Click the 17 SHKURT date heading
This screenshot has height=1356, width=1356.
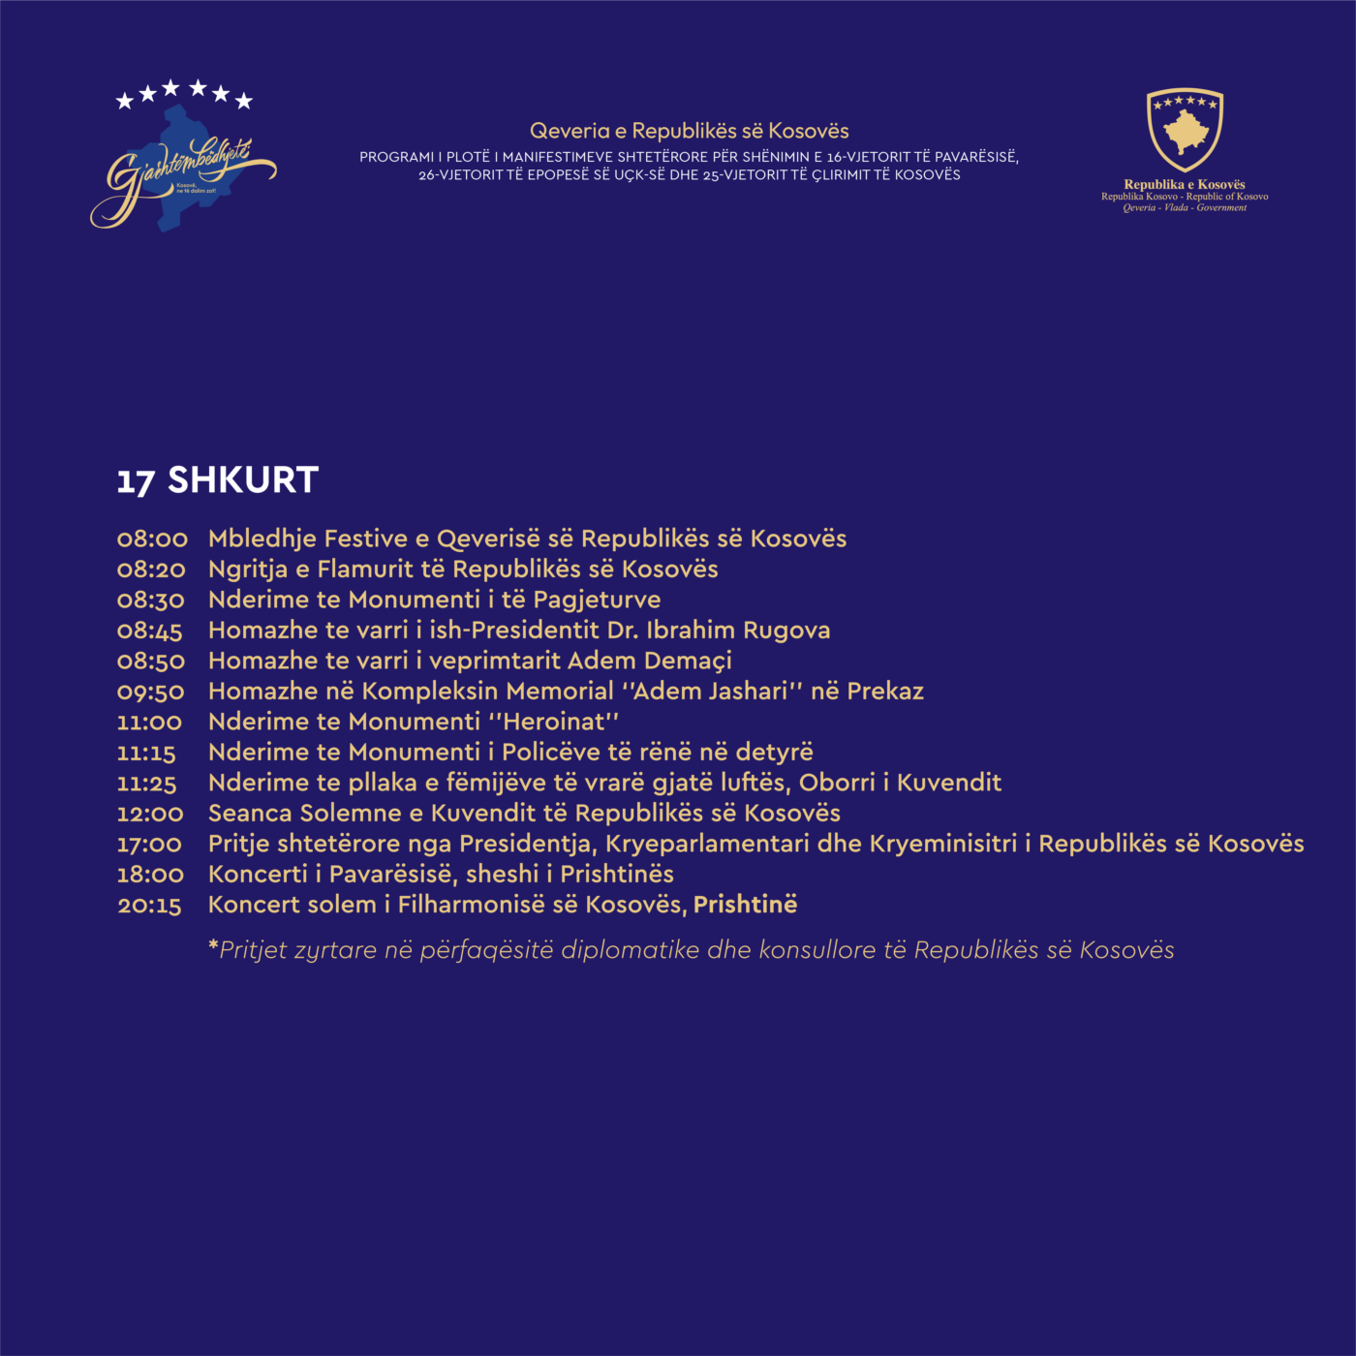tap(218, 480)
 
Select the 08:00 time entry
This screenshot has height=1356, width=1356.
tap(152, 539)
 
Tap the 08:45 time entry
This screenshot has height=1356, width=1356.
tap(150, 632)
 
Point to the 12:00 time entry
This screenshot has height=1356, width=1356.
tap(150, 814)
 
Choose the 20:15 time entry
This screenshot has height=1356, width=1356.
tap(149, 906)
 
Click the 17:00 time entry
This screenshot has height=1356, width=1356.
tap(149, 845)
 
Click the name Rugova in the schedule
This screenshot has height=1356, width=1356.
tap(786, 631)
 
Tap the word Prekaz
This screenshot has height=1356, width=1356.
tap(885, 692)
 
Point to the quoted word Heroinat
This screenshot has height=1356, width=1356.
tap(554, 723)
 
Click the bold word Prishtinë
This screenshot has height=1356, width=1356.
tap(745, 905)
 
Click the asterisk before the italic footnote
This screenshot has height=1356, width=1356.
tap(213, 945)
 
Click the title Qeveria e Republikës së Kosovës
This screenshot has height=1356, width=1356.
tap(689, 131)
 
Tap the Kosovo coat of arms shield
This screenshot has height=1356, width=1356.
tap(1185, 130)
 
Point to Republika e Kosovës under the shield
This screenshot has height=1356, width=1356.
tap(1184, 184)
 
